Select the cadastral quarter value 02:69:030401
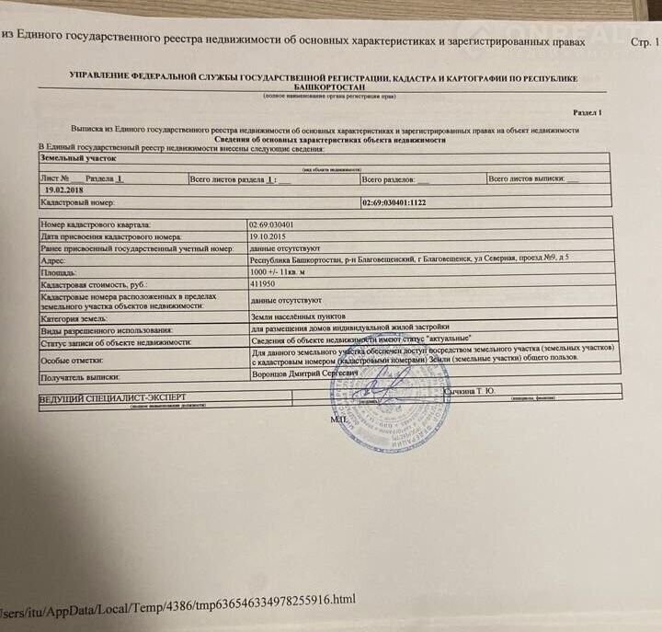(x=272, y=224)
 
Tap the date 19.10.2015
(x=268, y=236)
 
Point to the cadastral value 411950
(x=263, y=286)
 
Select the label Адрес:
(x=54, y=261)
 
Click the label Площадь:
(x=59, y=274)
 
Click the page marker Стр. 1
(x=643, y=43)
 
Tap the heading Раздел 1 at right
(x=587, y=111)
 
